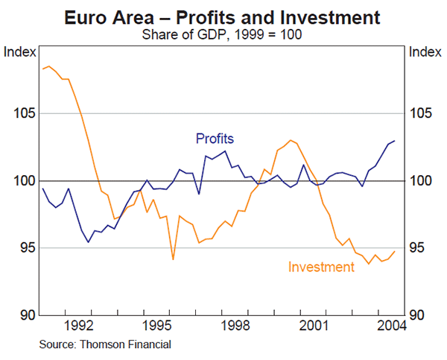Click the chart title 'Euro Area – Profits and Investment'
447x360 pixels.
click(x=223, y=16)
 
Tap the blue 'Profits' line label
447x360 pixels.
click(x=215, y=138)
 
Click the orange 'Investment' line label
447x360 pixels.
click(x=321, y=267)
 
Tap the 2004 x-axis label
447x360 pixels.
click(x=390, y=326)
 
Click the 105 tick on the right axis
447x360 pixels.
click(x=422, y=113)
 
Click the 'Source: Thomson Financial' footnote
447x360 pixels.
click(x=105, y=344)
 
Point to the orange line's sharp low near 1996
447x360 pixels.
click(x=173, y=259)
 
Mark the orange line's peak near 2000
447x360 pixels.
click(x=290, y=140)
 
